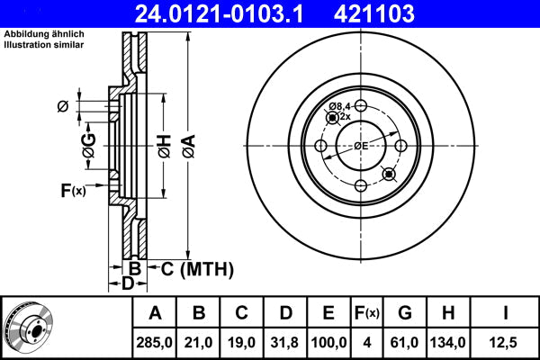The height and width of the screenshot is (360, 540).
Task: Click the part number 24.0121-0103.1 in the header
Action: click(219, 13)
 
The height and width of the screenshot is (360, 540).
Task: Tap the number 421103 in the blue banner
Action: click(374, 13)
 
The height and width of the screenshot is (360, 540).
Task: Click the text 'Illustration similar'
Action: click(44, 45)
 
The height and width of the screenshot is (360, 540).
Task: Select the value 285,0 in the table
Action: click(154, 342)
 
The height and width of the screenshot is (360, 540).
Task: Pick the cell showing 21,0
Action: click(198, 342)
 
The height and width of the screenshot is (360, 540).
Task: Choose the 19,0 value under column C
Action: click(241, 342)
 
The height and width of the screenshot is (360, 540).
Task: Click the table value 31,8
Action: click(284, 342)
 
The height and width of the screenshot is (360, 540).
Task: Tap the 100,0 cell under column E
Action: click(328, 342)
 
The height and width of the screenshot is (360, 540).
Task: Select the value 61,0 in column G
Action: click(404, 342)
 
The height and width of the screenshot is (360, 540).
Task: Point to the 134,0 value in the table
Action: click(447, 342)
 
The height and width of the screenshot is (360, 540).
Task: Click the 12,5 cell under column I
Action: click(503, 342)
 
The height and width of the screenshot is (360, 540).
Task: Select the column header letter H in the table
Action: click(447, 313)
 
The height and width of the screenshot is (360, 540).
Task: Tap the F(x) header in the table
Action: click(367, 313)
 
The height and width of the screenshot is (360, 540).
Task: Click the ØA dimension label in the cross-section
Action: click(189, 146)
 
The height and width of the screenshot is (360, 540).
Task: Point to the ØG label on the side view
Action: click(89, 146)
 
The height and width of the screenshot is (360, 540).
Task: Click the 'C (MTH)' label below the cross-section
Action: click(197, 269)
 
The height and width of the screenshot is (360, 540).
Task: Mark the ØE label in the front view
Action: click(361, 146)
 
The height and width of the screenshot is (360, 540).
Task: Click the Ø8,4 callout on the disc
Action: click(339, 106)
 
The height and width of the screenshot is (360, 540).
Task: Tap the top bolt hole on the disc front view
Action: click(361, 105)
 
